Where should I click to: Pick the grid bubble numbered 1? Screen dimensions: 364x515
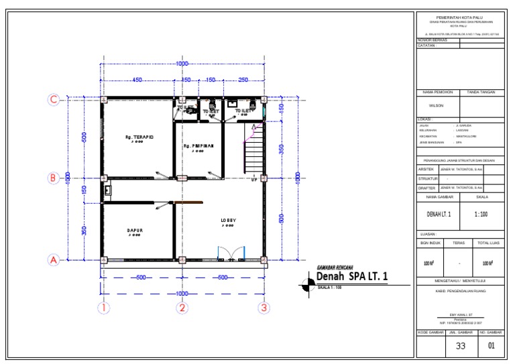point(103,308)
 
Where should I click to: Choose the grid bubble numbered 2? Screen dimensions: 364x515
point(182,308)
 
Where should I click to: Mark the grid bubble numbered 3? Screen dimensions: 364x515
point(264,308)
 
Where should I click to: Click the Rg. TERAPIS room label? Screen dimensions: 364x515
point(139,137)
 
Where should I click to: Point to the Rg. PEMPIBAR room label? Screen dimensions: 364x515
point(198,145)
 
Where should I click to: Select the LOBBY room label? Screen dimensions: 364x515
point(229,221)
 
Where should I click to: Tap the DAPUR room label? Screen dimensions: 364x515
point(135,230)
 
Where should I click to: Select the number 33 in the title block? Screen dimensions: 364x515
point(461,347)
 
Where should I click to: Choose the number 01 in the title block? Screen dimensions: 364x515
point(491,347)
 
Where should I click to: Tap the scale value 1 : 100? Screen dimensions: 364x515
point(481,215)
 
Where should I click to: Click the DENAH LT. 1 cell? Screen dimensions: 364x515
point(439,215)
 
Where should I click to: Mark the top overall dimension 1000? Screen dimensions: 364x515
point(182,64)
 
